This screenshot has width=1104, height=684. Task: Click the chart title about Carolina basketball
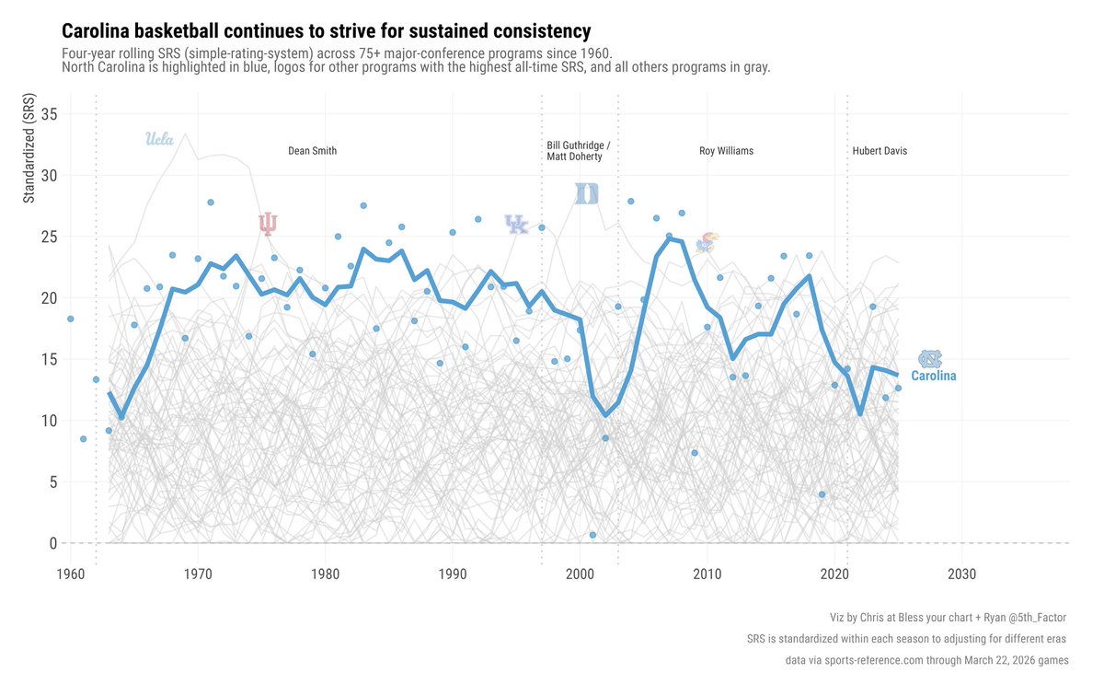tap(327, 31)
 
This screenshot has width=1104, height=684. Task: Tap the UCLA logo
tap(160, 140)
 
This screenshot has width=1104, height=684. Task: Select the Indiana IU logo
tap(268, 224)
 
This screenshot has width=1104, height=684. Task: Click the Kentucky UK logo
tap(517, 224)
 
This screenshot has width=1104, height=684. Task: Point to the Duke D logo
tap(587, 193)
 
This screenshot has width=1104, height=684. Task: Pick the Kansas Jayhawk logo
tap(707, 243)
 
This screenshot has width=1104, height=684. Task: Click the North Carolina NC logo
tap(931, 359)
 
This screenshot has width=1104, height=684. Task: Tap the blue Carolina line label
tap(933, 377)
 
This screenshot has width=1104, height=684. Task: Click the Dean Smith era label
tap(312, 151)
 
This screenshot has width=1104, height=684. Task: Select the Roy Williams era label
tap(726, 151)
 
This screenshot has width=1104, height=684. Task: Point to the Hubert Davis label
tap(880, 151)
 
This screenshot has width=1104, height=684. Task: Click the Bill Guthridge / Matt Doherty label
tap(577, 151)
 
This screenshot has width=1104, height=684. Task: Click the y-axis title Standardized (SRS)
tap(29, 149)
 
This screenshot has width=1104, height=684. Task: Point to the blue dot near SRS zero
tap(592, 535)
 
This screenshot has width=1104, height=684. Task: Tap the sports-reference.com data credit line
tap(926, 660)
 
